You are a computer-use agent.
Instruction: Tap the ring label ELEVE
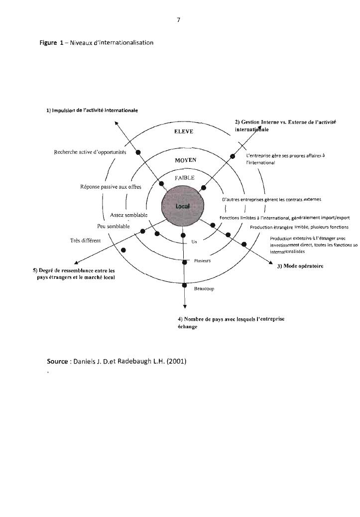click(183, 131)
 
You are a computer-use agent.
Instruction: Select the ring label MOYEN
click(186, 160)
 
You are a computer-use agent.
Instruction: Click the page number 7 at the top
click(178, 20)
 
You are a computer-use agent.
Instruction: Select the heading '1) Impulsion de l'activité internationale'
click(93, 110)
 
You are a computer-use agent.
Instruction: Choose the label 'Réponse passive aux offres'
click(111, 187)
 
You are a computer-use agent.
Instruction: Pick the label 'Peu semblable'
click(114, 226)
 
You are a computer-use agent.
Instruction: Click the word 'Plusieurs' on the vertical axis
click(203, 260)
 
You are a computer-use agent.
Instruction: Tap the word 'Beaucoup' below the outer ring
click(204, 288)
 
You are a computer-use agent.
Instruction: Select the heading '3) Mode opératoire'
click(300, 266)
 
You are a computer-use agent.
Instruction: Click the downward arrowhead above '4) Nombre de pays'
click(184, 306)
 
